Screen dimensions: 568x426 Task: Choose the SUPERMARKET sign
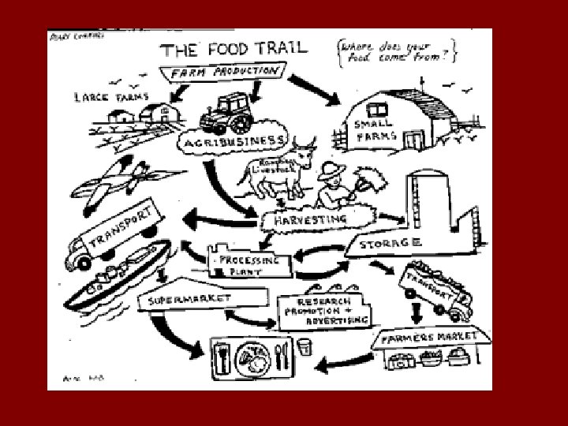187,299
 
